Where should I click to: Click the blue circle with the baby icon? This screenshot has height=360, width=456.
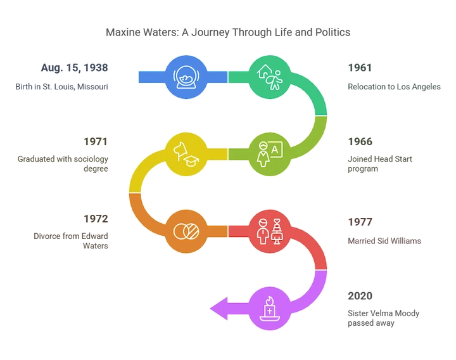click(184, 77)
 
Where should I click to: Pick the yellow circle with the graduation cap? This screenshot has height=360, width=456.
click(184, 153)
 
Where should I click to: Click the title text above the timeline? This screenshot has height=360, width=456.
click(228, 32)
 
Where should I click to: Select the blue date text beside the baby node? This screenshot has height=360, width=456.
click(75, 67)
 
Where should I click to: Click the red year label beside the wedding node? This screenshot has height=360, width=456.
click(359, 221)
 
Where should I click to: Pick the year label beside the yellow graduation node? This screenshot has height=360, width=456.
click(96, 141)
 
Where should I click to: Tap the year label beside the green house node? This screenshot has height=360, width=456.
click(359, 67)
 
